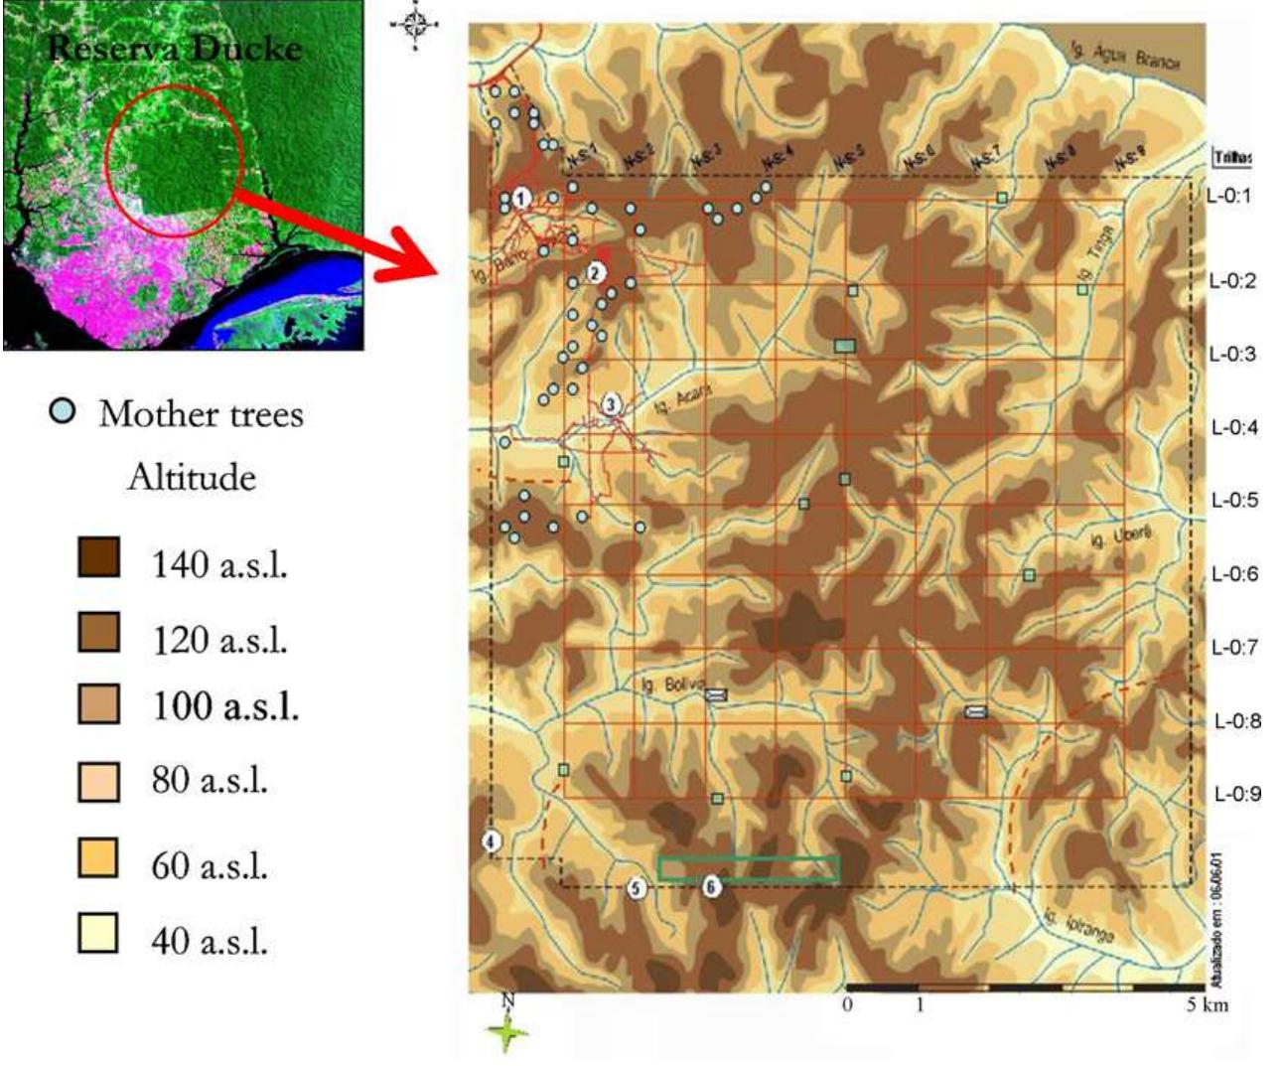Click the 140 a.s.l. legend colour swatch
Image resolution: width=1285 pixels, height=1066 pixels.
tap(98, 557)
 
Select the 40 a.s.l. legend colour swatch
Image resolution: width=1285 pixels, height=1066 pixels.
tap(98, 933)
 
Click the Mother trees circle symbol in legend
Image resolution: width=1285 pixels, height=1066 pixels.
tap(63, 410)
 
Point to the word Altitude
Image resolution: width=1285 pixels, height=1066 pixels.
tap(192, 478)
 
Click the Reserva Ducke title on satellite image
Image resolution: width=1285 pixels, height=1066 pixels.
tap(174, 48)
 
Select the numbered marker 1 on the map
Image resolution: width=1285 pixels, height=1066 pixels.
tap(522, 200)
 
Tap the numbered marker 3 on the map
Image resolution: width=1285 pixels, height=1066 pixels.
tap(612, 404)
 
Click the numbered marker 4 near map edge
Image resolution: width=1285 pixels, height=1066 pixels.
tap(491, 841)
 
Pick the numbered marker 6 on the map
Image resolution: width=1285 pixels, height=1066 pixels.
tap(711, 886)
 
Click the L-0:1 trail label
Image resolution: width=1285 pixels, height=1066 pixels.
tap(1229, 196)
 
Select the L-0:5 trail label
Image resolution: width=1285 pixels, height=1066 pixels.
tap(1234, 500)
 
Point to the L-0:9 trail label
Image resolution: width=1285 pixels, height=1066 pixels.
tap(1237, 794)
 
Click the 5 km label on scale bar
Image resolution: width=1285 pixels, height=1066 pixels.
tap(1207, 1005)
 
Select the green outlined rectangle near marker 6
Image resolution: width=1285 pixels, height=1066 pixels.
tap(749, 868)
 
